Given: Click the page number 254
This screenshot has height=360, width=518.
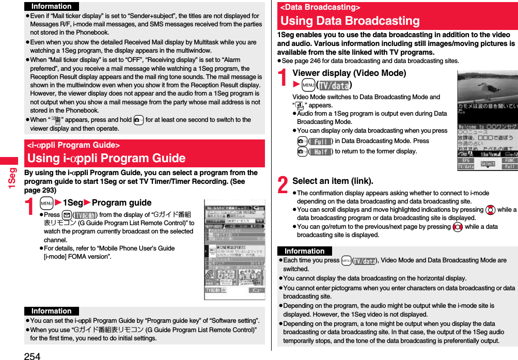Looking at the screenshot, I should point(32,355).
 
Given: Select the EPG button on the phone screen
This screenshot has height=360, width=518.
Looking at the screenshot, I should point(466,160).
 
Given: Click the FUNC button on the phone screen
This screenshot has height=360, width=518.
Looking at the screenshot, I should point(509,160).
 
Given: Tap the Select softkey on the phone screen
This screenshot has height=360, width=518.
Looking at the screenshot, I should point(488,164).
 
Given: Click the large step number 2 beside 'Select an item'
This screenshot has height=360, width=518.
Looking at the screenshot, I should point(284,185).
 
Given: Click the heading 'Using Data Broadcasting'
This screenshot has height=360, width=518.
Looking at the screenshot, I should point(350,21).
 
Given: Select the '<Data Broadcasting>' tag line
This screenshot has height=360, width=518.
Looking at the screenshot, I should point(320,8).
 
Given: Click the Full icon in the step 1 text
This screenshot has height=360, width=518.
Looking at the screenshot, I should point(323,141).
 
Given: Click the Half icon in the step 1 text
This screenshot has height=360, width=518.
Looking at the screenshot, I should point(323,151).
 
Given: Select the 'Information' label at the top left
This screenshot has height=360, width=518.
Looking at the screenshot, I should point(52,6).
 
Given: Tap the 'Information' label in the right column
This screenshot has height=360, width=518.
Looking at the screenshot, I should point(304,251).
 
